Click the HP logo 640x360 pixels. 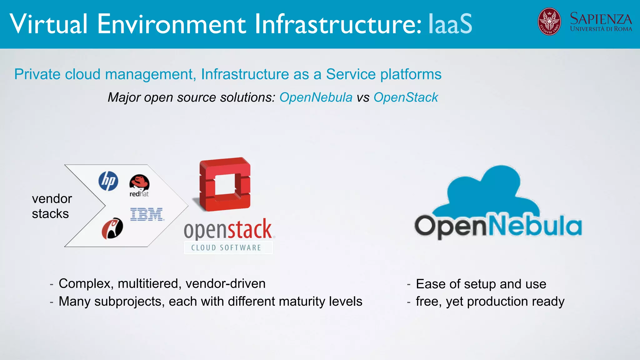click(108, 181)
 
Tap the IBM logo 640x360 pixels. click(147, 214)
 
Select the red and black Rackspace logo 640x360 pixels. click(112, 228)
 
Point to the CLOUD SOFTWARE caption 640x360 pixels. click(226, 248)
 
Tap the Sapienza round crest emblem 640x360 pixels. click(549, 22)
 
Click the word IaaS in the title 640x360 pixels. click(450, 24)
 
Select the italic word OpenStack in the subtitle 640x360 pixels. click(406, 97)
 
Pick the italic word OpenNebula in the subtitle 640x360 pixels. click(316, 97)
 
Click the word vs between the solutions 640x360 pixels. click(363, 98)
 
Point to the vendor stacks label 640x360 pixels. click(52, 206)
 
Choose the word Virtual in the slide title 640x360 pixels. click(48, 24)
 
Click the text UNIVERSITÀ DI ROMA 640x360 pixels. click(601, 29)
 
